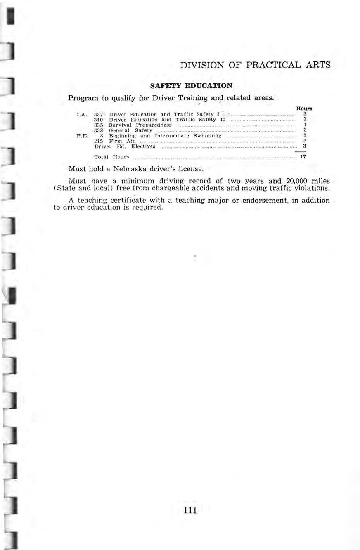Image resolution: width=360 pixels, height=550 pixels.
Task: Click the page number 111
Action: point(190,510)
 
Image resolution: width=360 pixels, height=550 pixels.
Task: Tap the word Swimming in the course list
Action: point(205,135)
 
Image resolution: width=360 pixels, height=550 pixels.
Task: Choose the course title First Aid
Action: point(120,141)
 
